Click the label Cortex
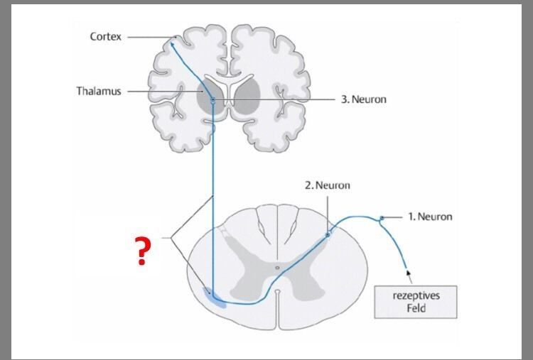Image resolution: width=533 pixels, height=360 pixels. (105, 36)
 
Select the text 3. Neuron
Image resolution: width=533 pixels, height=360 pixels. (363, 99)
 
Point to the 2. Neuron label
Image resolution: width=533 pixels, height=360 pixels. (328, 185)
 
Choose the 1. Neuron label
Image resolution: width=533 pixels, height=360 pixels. (429, 217)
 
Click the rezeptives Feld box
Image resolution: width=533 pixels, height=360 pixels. (416, 302)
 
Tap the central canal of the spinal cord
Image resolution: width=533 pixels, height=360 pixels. (278, 268)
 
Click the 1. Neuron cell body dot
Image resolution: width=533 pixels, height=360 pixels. (382, 217)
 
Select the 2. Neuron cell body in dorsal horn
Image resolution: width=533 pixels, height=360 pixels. (328, 233)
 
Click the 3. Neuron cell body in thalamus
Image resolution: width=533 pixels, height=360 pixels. (211, 99)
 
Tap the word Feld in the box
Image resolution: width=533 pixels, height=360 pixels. (416, 309)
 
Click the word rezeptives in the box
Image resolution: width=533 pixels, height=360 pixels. (416, 295)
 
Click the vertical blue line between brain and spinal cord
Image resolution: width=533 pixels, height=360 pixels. (212, 163)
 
